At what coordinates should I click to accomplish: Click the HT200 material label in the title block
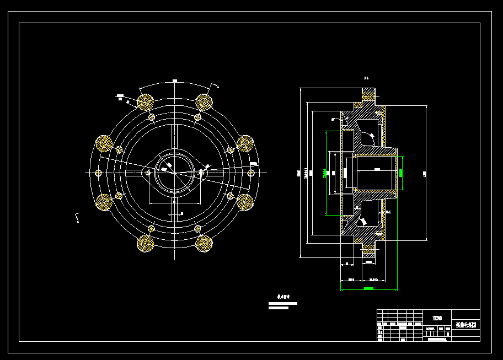(437, 318)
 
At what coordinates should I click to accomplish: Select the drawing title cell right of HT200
(465, 325)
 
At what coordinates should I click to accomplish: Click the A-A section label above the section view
(366, 78)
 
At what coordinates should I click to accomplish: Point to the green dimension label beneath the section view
(368, 288)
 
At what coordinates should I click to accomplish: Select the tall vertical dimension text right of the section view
(425, 174)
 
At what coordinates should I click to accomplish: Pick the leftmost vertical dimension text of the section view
(299, 173)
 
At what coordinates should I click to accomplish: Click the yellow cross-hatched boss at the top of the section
(368, 95)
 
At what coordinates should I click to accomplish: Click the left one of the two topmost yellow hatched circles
(146, 101)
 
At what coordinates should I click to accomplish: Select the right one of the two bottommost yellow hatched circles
(204, 243)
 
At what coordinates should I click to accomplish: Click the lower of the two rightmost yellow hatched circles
(245, 202)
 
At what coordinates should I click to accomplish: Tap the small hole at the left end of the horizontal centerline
(99, 173)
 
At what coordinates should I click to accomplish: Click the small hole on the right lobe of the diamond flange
(201, 173)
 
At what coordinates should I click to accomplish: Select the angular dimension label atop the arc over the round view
(175, 81)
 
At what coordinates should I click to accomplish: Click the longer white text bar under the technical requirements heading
(283, 303)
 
